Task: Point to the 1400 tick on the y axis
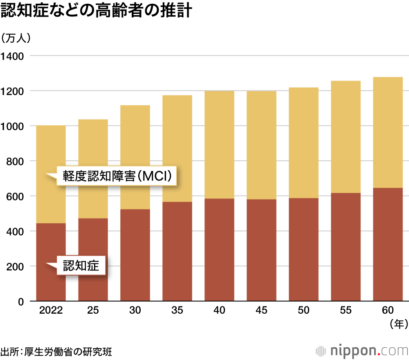coord(12,56)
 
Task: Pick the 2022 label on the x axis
coord(51,310)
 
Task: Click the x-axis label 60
coord(387,310)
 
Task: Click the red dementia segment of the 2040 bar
coord(219,250)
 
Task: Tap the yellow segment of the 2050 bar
coord(303,143)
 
